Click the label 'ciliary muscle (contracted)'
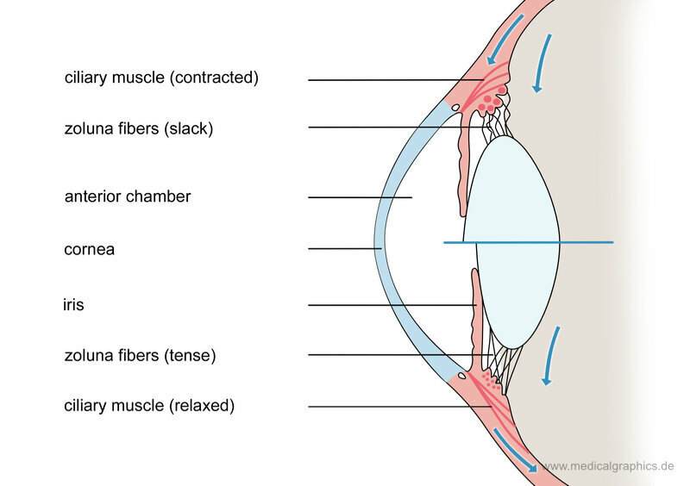click(x=161, y=78)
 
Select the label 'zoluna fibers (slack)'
click(x=138, y=129)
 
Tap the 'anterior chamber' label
click(x=128, y=196)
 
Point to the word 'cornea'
click(x=89, y=250)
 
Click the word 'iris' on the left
click(x=73, y=304)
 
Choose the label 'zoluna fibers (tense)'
click(x=140, y=354)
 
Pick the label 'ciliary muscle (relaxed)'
click(x=149, y=404)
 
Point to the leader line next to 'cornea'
click(x=345, y=250)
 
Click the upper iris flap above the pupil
click(x=459, y=172)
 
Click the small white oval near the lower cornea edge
click(x=464, y=375)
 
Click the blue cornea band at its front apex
click(x=379, y=243)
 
